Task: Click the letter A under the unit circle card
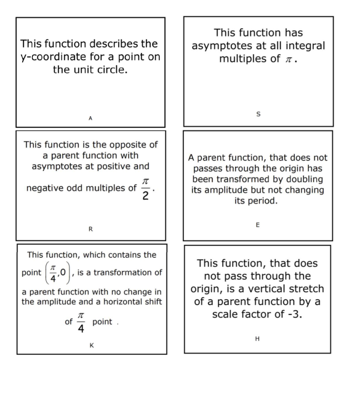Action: [90, 117]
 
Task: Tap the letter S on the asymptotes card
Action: [258, 113]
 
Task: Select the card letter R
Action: [90, 229]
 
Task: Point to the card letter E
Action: [258, 225]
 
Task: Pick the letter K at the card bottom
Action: [92, 346]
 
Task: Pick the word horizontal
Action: [121, 301]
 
